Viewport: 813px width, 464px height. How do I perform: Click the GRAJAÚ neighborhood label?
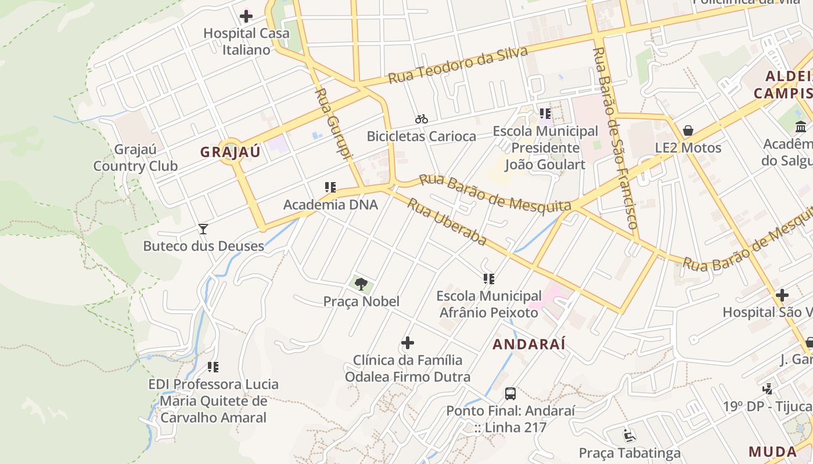tap(231, 153)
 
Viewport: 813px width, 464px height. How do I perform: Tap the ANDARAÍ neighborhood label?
tap(529, 344)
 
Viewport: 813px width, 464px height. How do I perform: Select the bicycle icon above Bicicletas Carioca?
tap(422, 119)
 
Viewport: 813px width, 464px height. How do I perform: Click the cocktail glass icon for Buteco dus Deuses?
tap(203, 229)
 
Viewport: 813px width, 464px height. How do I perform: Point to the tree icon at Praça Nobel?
tap(361, 284)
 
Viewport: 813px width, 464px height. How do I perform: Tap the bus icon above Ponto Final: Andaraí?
tap(510, 394)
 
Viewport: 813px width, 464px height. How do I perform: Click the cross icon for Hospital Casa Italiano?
tap(246, 16)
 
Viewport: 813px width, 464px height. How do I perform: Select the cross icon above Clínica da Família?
tap(408, 343)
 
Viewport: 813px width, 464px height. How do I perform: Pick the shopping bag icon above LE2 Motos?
tap(688, 130)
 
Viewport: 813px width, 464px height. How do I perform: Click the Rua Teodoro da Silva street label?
tap(458, 64)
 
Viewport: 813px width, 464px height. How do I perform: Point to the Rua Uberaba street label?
tap(446, 221)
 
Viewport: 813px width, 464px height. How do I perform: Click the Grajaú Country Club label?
tap(135, 158)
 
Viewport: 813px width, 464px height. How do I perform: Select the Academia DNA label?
tap(330, 204)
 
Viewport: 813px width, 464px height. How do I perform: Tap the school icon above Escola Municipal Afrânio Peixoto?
tap(489, 279)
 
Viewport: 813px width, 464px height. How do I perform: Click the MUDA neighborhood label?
tap(772, 451)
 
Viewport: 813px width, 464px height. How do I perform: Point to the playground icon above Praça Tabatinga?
tap(629, 435)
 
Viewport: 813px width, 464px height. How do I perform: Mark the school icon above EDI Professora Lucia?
tap(213, 367)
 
